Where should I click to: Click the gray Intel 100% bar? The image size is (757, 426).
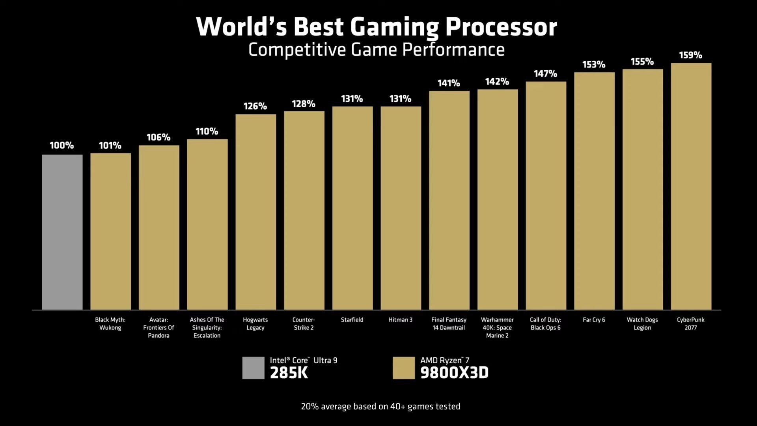[62, 232]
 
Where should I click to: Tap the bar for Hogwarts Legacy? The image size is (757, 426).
[255, 212]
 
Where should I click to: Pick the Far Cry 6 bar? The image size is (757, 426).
[594, 191]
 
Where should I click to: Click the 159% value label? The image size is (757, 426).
[690, 55]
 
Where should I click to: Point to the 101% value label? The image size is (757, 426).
[110, 146]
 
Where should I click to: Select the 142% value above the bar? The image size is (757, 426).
[497, 82]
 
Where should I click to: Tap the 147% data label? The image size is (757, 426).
[545, 74]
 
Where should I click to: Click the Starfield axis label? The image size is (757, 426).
[352, 320]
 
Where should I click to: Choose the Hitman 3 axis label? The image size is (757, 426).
[400, 320]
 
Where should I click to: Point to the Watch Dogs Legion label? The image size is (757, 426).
[642, 324]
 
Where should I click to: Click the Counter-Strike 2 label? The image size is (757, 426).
[304, 324]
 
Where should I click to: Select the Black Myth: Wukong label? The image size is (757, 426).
[110, 324]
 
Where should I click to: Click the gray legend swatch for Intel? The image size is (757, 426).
[253, 368]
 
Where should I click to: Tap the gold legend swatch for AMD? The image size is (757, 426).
[404, 368]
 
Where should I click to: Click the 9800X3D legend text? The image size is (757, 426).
[454, 373]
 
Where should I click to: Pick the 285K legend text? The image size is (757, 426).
[289, 373]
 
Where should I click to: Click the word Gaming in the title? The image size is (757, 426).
[394, 27]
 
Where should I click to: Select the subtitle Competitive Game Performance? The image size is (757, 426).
[377, 50]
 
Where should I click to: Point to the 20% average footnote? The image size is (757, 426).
[380, 406]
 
